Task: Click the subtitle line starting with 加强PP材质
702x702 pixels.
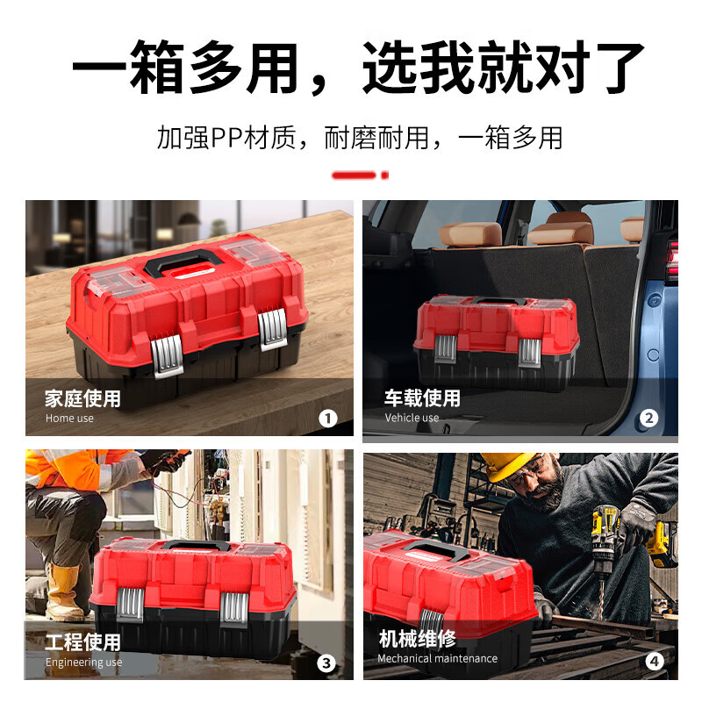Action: point(359,138)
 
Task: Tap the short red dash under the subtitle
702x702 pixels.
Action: point(359,175)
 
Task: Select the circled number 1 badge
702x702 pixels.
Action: point(327,418)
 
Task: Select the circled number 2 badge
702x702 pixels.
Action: point(648,418)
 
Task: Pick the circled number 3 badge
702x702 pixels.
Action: point(327,663)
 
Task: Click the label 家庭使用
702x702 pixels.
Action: point(82,398)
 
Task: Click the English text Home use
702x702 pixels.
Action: point(69,419)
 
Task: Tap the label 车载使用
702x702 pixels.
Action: point(422,398)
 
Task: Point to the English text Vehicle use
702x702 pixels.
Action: point(412,419)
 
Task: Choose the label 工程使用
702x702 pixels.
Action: point(82,642)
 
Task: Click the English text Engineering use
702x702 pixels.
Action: point(83,663)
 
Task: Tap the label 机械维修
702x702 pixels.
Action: point(417,638)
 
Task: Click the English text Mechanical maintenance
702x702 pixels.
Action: point(437,658)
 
